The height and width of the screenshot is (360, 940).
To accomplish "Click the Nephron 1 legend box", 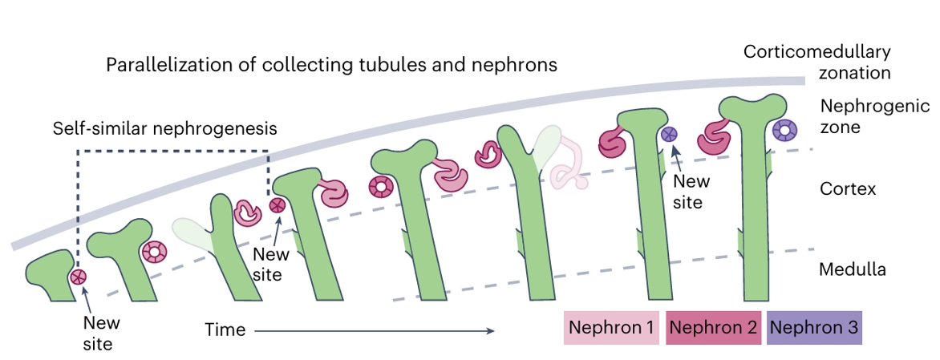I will click(611, 328).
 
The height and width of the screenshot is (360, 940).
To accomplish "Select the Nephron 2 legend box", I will click(713, 328).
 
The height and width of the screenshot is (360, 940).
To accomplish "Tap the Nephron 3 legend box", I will click(814, 328).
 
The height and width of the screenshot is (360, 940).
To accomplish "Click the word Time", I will click(225, 330).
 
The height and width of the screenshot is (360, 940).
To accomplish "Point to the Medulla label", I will click(852, 269).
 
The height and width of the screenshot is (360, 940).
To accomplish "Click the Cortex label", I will click(848, 190).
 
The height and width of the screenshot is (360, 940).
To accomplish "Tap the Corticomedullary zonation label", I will click(816, 62).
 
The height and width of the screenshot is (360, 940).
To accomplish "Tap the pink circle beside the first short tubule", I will click(78, 277).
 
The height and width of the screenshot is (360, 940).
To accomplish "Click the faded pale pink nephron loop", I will click(569, 164).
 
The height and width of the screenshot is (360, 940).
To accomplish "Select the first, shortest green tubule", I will click(50, 274).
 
